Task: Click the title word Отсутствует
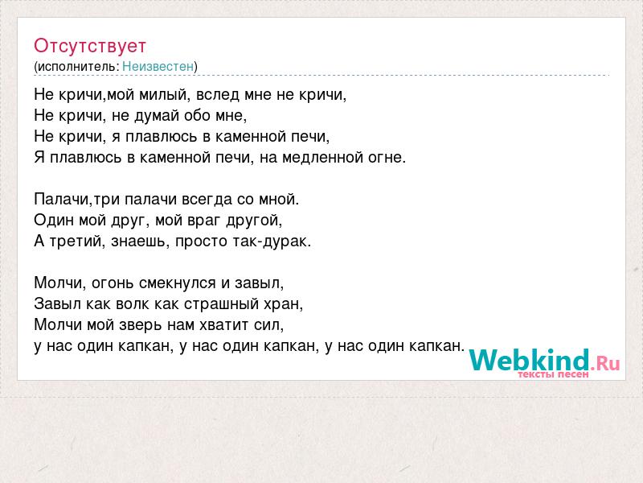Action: coord(90,46)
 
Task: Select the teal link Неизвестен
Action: coord(158,66)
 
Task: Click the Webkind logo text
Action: coord(544,360)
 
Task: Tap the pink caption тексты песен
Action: coord(553,374)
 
